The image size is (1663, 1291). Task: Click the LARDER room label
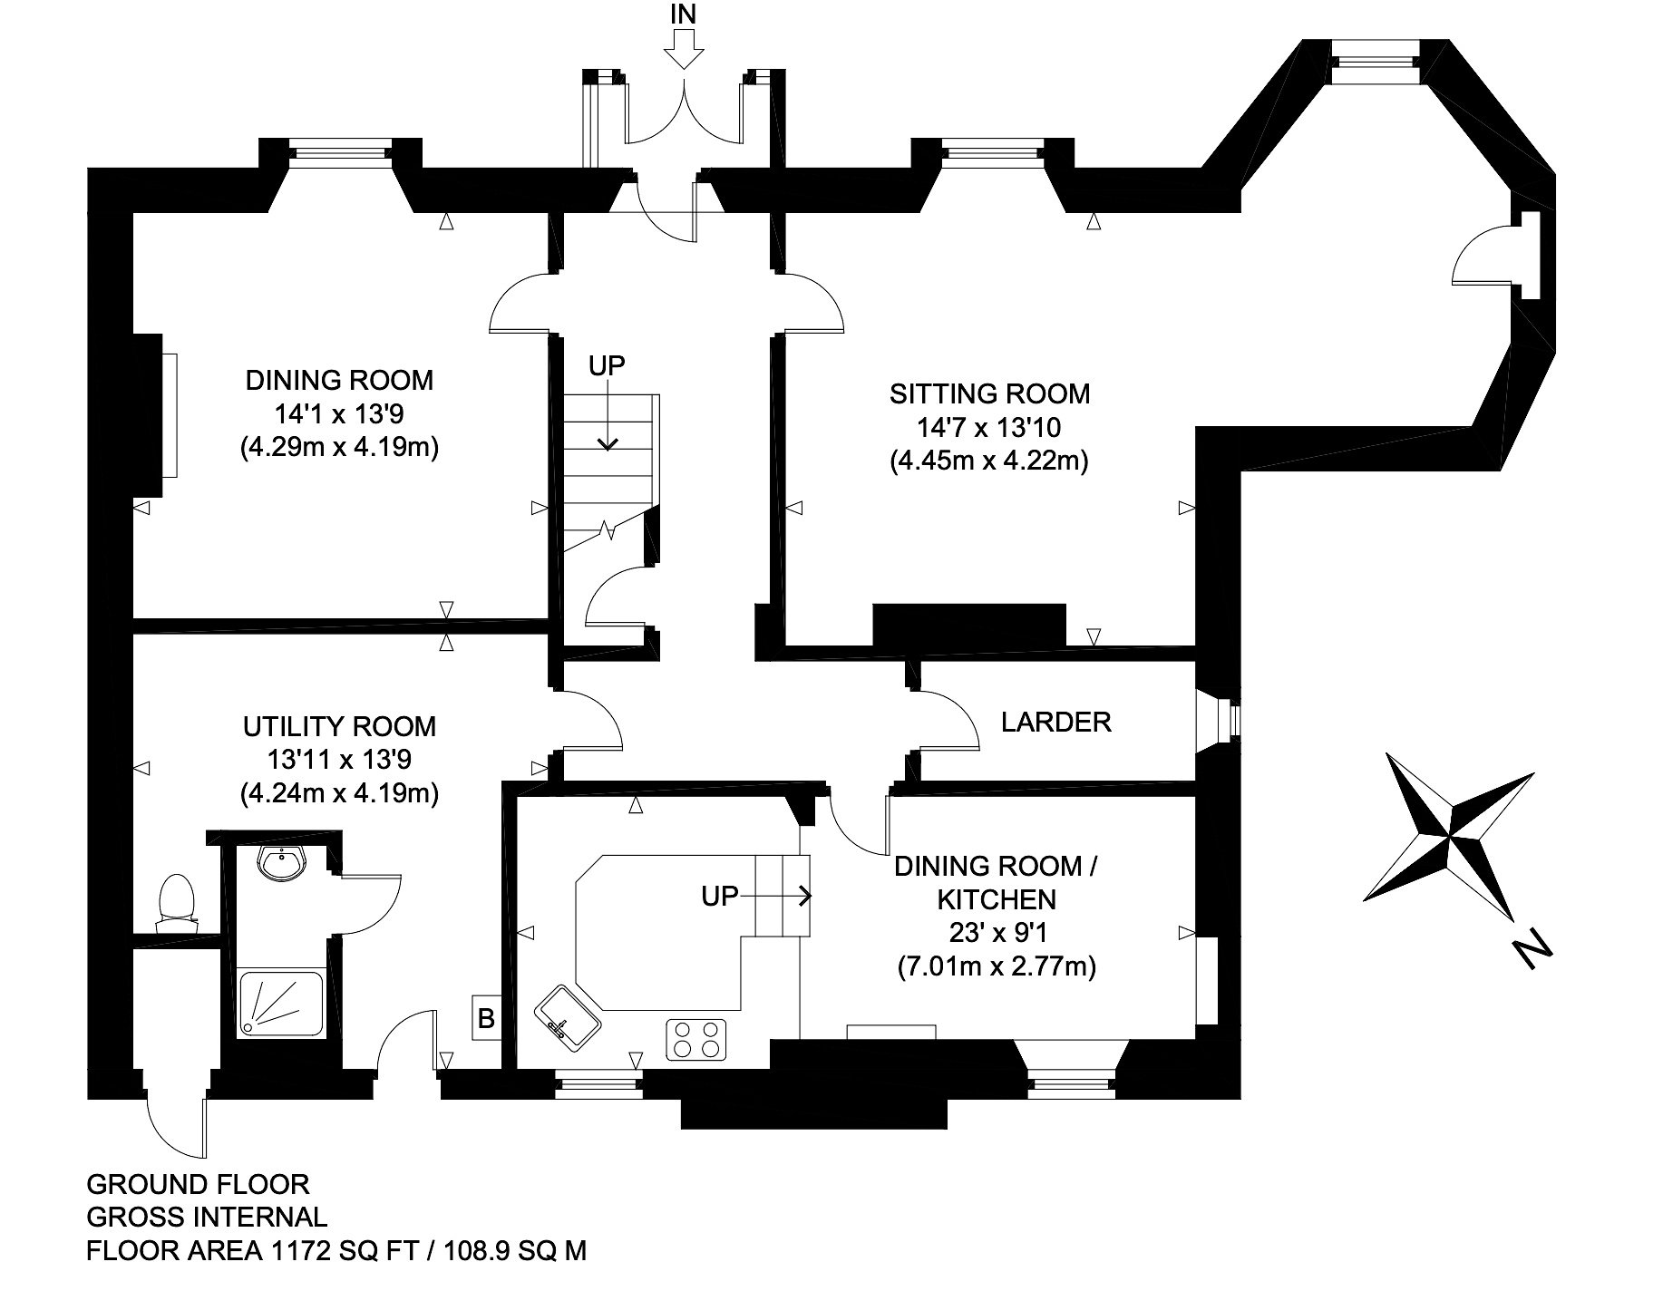click(x=1055, y=722)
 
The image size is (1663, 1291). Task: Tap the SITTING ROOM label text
click(x=989, y=393)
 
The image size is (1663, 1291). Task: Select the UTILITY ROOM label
click(x=339, y=726)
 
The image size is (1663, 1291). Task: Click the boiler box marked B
click(x=486, y=1019)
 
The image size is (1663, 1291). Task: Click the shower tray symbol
click(x=282, y=1004)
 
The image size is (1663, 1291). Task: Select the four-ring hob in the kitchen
click(x=697, y=1040)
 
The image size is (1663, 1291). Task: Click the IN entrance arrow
click(x=683, y=49)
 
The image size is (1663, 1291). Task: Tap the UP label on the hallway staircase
click(x=607, y=366)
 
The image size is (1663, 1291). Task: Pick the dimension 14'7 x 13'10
click(x=989, y=427)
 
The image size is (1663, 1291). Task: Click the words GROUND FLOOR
click(x=198, y=1184)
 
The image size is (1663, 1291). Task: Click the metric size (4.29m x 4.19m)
click(x=340, y=447)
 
